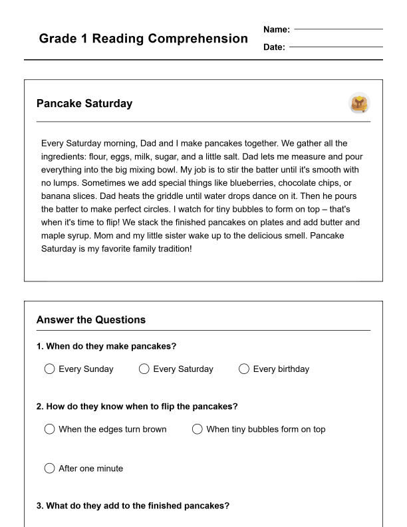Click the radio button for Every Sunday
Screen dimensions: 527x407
[49, 369]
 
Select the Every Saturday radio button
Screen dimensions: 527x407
[144, 369]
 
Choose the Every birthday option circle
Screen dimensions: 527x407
[244, 369]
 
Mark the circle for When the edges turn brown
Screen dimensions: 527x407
[49, 429]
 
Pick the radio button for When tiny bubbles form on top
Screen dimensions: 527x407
[197, 429]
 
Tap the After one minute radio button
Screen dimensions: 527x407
[49, 468]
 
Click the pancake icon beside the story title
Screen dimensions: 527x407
[359, 103]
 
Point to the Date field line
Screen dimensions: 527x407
[336, 47]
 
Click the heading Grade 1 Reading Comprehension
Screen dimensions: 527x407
[143, 39]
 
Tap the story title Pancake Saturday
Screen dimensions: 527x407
[84, 104]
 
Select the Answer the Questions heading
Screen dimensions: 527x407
[91, 319]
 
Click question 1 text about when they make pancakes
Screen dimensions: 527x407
[106, 346]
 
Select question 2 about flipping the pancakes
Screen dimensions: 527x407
[137, 407]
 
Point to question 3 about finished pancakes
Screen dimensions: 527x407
[133, 506]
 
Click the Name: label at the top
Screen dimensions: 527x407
[277, 29]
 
